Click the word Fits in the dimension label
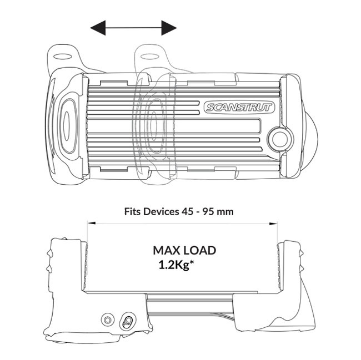[x=136, y=211]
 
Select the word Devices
[x=164, y=211]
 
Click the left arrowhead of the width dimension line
[x=89, y=224]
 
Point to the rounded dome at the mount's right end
[x=309, y=131]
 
